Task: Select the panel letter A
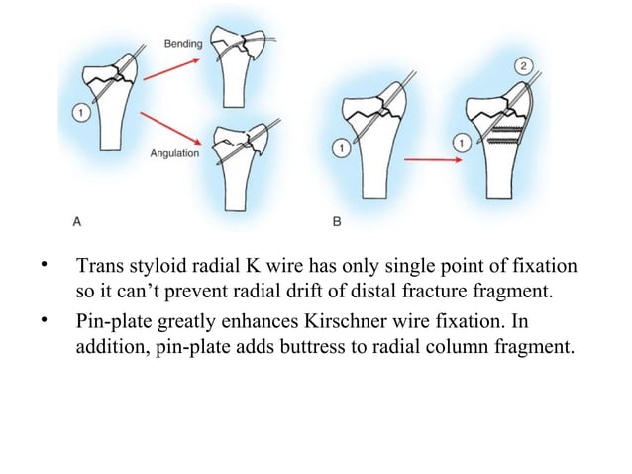click(77, 222)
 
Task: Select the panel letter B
click(337, 222)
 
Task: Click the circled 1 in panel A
click(81, 114)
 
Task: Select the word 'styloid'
click(161, 269)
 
